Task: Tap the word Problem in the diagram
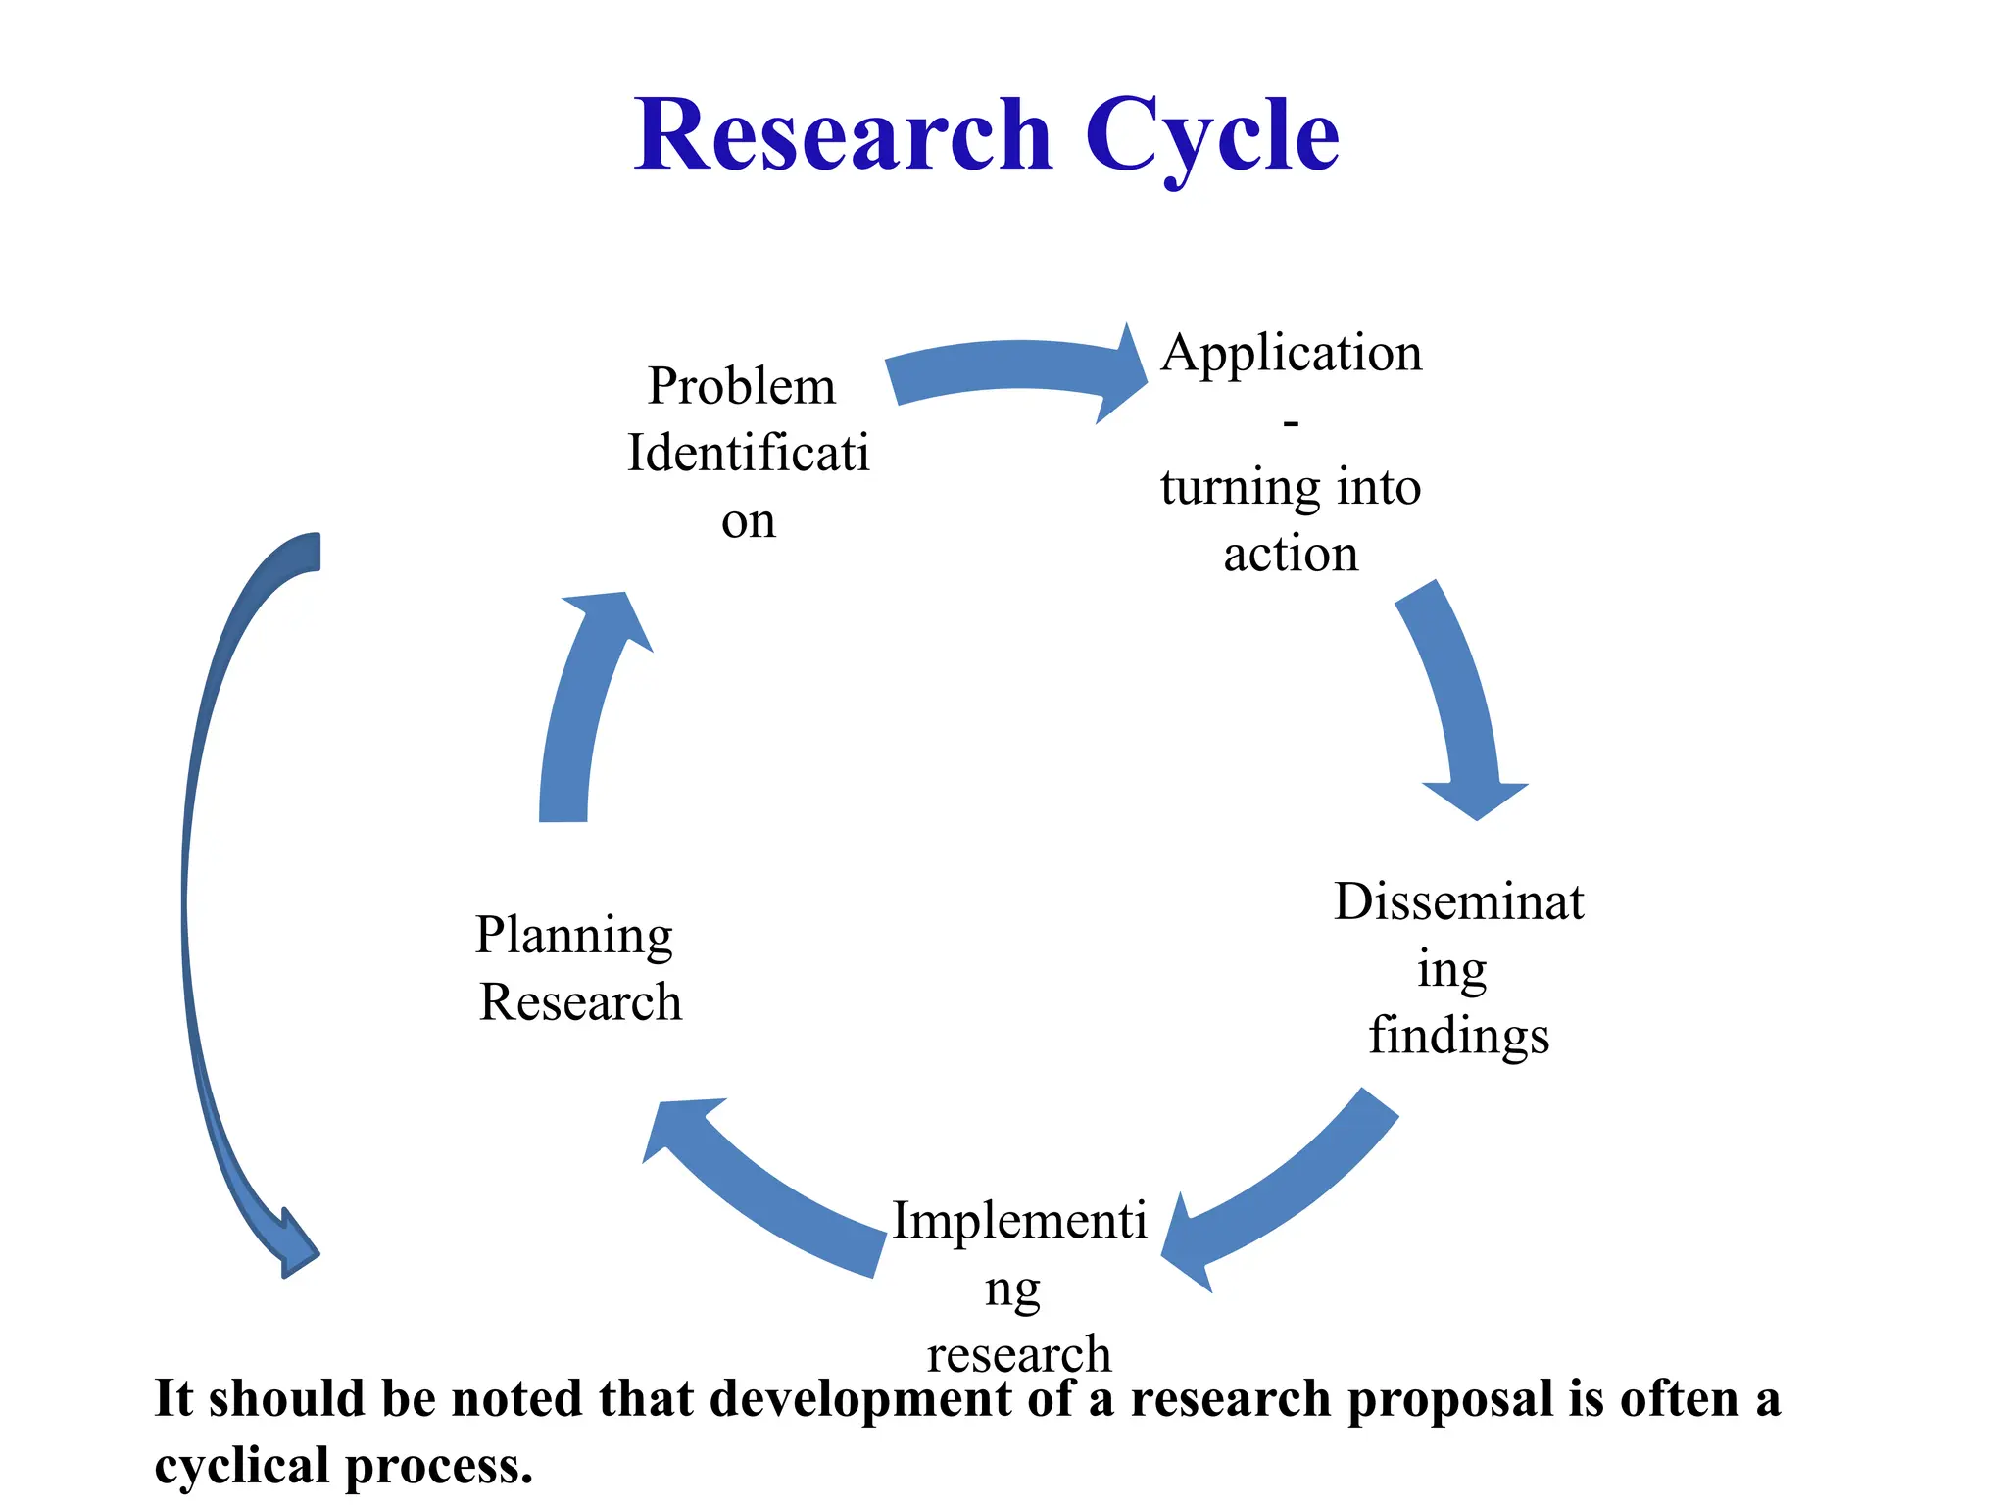point(742,385)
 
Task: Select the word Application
point(1291,353)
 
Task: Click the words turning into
point(1291,487)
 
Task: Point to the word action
point(1291,555)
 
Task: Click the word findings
point(1458,1037)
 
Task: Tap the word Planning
point(574,936)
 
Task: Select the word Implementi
point(1019,1221)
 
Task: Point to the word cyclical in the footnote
point(241,1467)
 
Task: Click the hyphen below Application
point(1291,422)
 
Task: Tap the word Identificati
point(748,453)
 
